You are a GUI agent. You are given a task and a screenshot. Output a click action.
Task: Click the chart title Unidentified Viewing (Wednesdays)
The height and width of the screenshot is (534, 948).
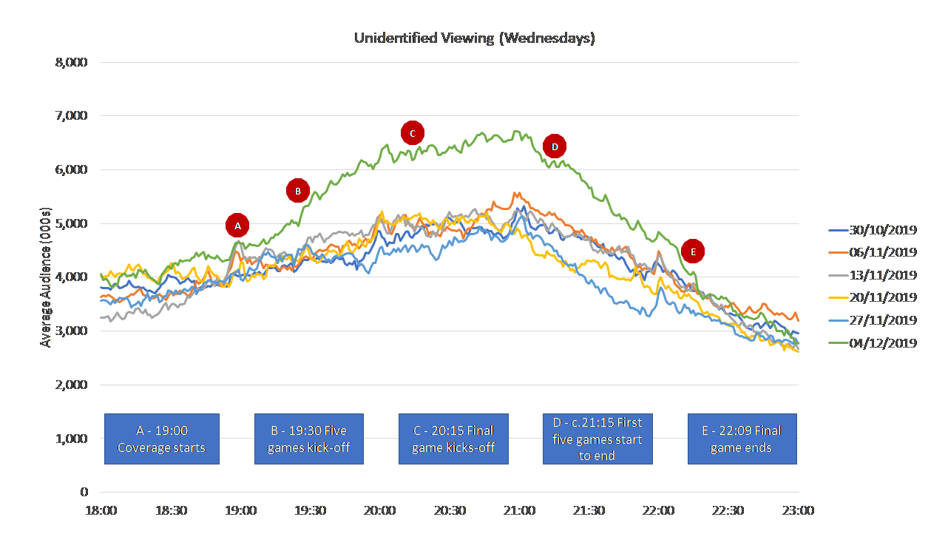(474, 38)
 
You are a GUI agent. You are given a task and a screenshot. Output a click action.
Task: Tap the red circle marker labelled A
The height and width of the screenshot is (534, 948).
(237, 225)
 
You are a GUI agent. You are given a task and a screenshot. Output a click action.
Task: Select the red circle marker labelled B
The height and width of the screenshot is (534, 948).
(297, 191)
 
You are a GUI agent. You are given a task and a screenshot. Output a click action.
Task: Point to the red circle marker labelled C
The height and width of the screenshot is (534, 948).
(413, 133)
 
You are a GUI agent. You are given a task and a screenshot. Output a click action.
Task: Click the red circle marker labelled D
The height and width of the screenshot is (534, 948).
(555, 146)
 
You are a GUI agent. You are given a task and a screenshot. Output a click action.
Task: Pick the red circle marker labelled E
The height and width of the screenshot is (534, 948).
(693, 251)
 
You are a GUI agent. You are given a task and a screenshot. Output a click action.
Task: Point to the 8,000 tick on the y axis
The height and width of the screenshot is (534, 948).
(72, 62)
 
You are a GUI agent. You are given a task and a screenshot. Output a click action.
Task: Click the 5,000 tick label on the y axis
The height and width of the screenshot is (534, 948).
(72, 223)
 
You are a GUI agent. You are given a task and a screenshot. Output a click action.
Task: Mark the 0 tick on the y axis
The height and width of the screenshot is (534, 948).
(84, 492)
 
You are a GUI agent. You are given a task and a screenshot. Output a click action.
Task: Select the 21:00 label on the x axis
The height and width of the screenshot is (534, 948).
(520, 511)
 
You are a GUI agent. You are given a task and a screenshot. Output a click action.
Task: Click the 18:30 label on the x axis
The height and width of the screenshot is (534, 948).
(171, 511)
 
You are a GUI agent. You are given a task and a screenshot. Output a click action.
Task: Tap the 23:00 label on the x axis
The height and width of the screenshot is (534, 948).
(799, 511)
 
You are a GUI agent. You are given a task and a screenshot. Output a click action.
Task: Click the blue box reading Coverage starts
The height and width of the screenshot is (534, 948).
(162, 439)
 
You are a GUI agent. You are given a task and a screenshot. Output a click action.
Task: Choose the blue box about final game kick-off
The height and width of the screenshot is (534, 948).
(453, 439)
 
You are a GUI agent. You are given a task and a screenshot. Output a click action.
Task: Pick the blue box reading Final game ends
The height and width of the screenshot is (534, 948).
(742, 439)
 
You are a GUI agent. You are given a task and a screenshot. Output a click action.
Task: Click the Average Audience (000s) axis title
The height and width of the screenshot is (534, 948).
(47, 277)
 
